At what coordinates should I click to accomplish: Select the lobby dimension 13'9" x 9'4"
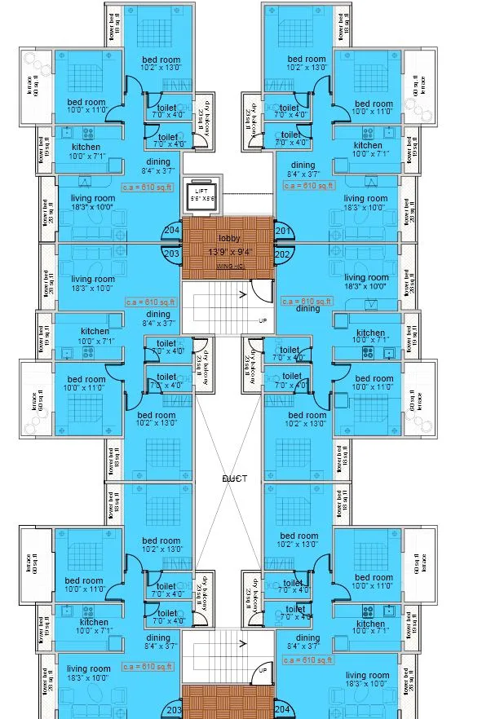coord(229,252)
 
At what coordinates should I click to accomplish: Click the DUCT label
coord(235,479)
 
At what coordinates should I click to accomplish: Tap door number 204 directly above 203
coord(171,231)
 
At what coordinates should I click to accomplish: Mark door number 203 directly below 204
coord(171,254)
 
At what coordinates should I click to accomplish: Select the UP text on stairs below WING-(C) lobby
coord(262,320)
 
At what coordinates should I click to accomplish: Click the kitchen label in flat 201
coord(368,145)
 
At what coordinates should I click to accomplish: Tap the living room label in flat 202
coord(365,277)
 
